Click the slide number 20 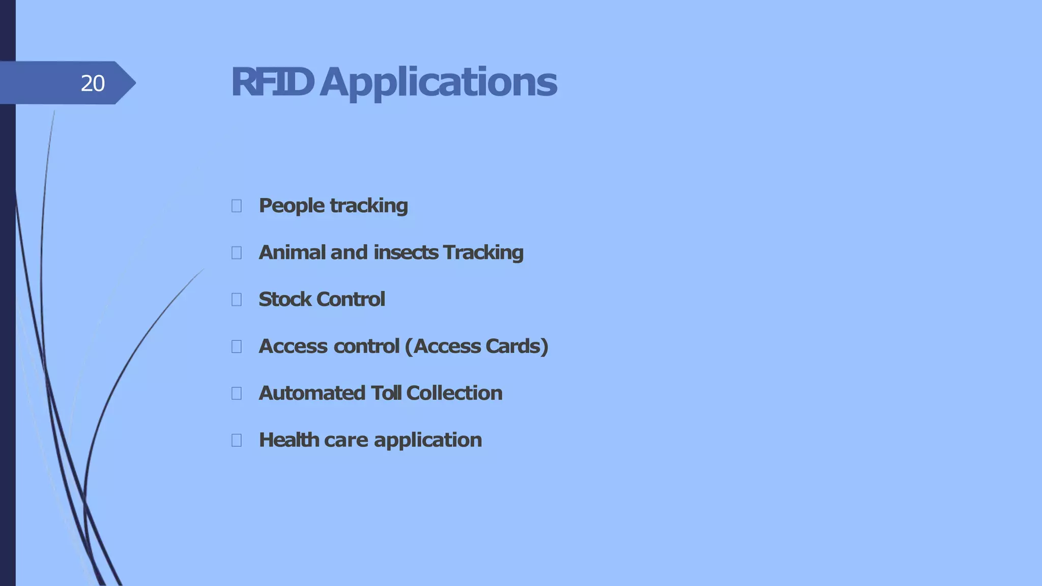tap(93, 83)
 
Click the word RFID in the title tap(272, 82)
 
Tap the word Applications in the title tap(438, 83)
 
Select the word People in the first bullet tap(292, 206)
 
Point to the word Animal tap(292, 252)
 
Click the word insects tap(406, 252)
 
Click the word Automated tap(312, 393)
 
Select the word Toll tap(386, 393)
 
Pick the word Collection tap(454, 393)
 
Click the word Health tap(288, 439)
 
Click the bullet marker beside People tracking tap(237, 206)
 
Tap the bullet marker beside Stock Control tap(237, 300)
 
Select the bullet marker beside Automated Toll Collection tap(237, 393)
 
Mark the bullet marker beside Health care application tap(237, 440)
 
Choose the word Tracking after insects tap(483, 253)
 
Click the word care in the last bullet tap(345, 440)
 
